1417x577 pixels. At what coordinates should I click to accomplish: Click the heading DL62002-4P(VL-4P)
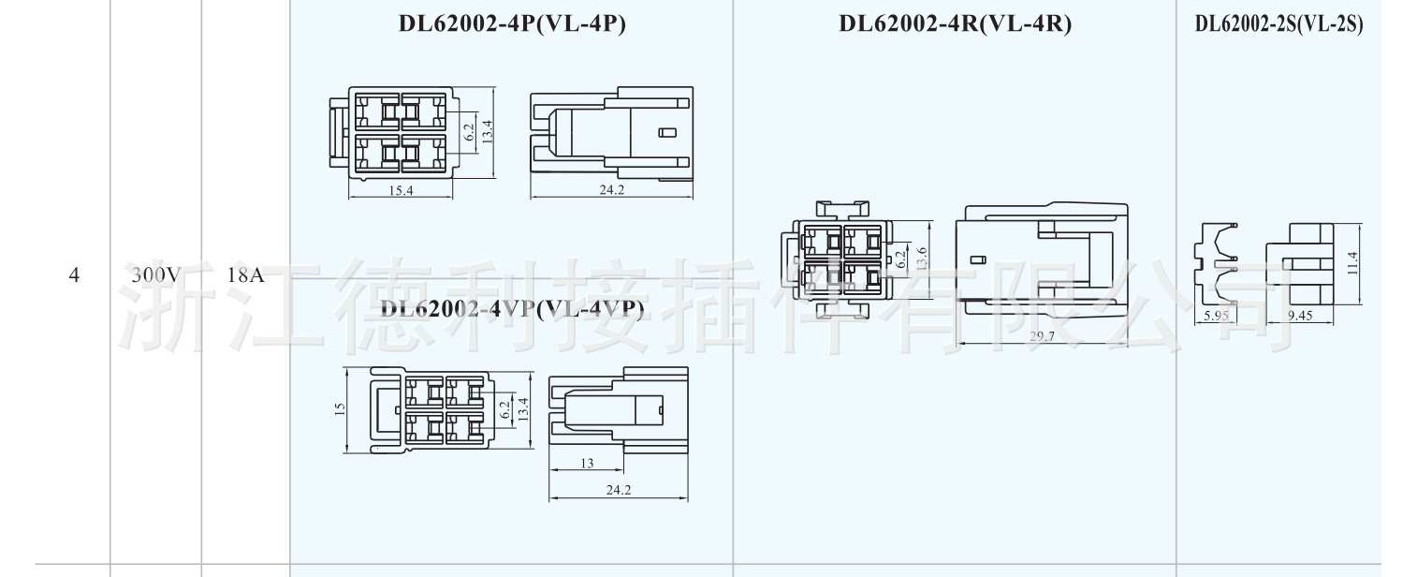pyautogui.click(x=512, y=25)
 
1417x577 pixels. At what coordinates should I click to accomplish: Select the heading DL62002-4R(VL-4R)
pyautogui.click(x=955, y=25)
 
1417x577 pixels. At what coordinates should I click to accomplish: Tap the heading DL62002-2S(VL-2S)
pyautogui.click(x=1278, y=25)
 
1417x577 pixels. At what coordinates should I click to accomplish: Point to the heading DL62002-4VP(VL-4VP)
pyautogui.click(x=512, y=309)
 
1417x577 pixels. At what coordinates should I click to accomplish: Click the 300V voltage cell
pyautogui.click(x=155, y=275)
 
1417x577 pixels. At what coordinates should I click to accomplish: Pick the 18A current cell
pyautogui.click(x=245, y=275)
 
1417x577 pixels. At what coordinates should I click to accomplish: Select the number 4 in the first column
pyautogui.click(x=74, y=275)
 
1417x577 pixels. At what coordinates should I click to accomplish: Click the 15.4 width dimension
pyautogui.click(x=400, y=190)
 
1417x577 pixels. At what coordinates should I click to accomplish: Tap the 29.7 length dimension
pyautogui.click(x=1042, y=336)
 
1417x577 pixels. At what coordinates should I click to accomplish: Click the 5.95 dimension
pyautogui.click(x=1215, y=316)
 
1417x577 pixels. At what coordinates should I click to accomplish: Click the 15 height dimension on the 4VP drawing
pyautogui.click(x=340, y=408)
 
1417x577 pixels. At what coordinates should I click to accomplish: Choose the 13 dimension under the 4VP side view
pyautogui.click(x=587, y=463)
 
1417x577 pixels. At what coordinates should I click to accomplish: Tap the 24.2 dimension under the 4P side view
pyautogui.click(x=612, y=190)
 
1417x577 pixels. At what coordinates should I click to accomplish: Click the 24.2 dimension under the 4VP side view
pyautogui.click(x=619, y=490)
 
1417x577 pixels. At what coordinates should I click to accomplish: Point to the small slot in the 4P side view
pyautogui.click(x=666, y=133)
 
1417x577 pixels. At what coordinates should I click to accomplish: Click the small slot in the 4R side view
pyautogui.click(x=979, y=260)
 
